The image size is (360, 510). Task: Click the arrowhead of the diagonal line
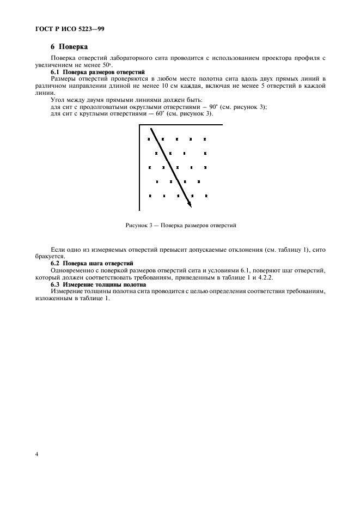point(190,205)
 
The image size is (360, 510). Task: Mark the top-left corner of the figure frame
point(140,125)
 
